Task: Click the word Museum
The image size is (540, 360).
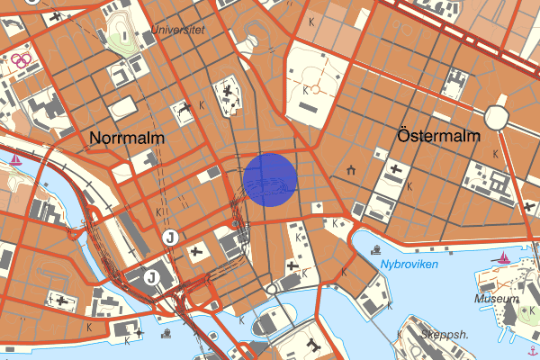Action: (497, 298)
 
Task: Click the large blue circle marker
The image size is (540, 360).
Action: (270, 180)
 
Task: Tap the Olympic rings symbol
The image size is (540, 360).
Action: (22, 60)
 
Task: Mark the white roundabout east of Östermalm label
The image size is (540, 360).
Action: (497, 117)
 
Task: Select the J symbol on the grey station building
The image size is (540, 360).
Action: (152, 275)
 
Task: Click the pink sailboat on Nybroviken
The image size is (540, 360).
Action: (503, 258)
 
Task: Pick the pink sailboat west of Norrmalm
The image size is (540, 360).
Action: (17, 160)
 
